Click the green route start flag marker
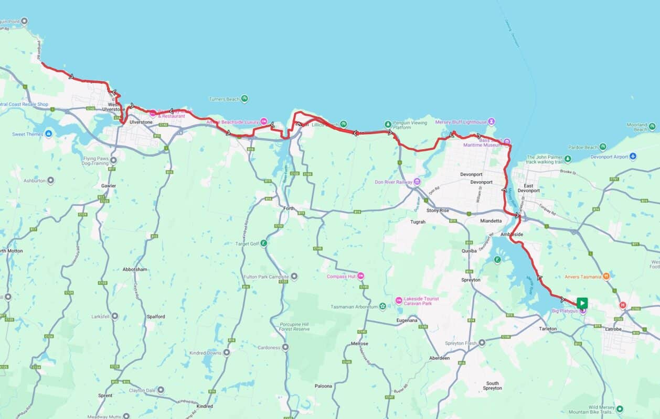(582, 303)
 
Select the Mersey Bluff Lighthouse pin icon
(492, 122)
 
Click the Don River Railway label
(393, 182)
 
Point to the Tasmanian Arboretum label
(354, 306)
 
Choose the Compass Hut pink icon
(360, 276)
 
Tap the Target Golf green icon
(264, 243)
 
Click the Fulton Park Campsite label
(267, 277)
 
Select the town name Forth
(289, 208)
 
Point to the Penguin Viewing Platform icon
(388, 124)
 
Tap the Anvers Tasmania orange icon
(606, 277)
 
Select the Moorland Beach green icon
(652, 126)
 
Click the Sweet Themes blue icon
(49, 134)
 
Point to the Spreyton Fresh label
(461, 343)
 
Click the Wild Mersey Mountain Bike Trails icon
(620, 409)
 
